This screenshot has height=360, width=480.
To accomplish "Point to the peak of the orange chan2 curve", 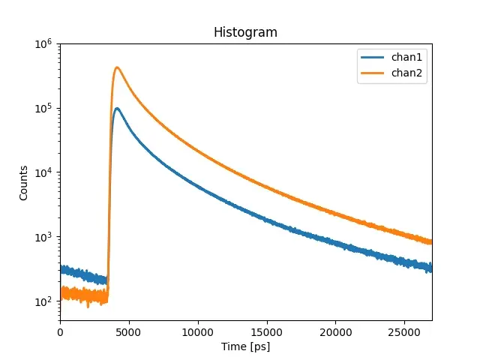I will click(x=117, y=67).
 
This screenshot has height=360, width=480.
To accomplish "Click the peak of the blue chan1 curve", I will click(x=117, y=108).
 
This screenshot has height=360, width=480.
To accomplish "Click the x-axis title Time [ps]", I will click(x=245, y=346).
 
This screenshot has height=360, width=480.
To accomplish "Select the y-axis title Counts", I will click(x=24, y=182).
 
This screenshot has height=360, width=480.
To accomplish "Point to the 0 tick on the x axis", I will click(x=60, y=331).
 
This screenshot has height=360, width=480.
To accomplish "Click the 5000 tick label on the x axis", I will click(x=129, y=331).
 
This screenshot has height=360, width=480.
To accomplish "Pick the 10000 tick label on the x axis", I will click(x=198, y=331).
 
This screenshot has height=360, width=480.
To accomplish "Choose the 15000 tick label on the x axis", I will click(x=266, y=331).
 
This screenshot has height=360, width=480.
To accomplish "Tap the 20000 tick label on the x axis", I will click(x=335, y=331).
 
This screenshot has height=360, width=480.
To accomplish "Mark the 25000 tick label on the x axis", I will click(x=404, y=331).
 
